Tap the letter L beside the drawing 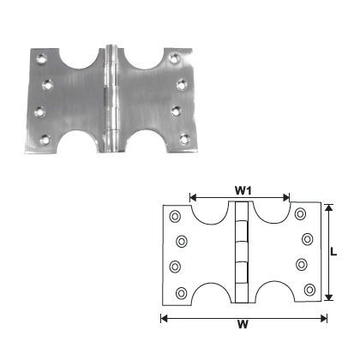click(339, 252)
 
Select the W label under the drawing click(243, 327)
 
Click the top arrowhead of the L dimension click(328, 207)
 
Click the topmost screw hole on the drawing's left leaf click(174, 215)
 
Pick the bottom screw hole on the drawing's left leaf click(180, 294)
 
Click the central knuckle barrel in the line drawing click(241, 254)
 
